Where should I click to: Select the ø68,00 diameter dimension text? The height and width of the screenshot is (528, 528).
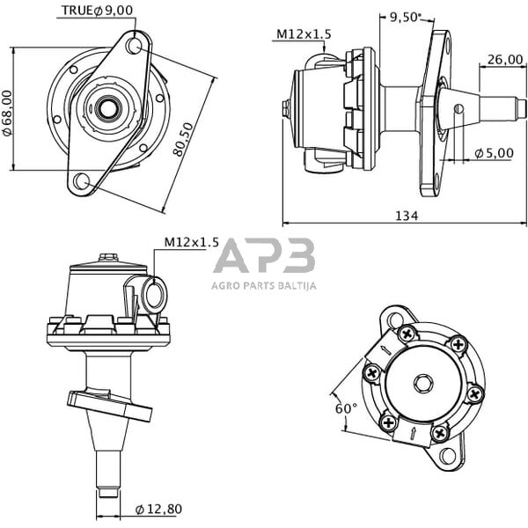coord(7,112)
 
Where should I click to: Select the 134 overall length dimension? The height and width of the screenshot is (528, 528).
coord(406,215)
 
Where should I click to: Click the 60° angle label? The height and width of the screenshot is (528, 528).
coord(346,409)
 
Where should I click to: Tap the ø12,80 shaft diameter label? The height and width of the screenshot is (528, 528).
coord(159,510)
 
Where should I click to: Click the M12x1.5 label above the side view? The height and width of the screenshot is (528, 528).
coord(304,34)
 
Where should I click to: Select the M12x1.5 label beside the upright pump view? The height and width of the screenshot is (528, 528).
coord(191,242)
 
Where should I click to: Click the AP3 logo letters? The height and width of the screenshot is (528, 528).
coord(264,256)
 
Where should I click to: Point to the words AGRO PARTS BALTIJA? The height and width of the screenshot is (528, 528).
coord(264,285)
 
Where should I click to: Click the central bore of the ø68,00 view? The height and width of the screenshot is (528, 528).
coord(108,109)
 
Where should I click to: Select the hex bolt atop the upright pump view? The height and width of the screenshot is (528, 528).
coord(108,258)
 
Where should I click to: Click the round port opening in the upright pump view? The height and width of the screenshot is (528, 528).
coord(153,294)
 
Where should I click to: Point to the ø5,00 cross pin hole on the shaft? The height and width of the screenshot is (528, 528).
coord(458,109)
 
